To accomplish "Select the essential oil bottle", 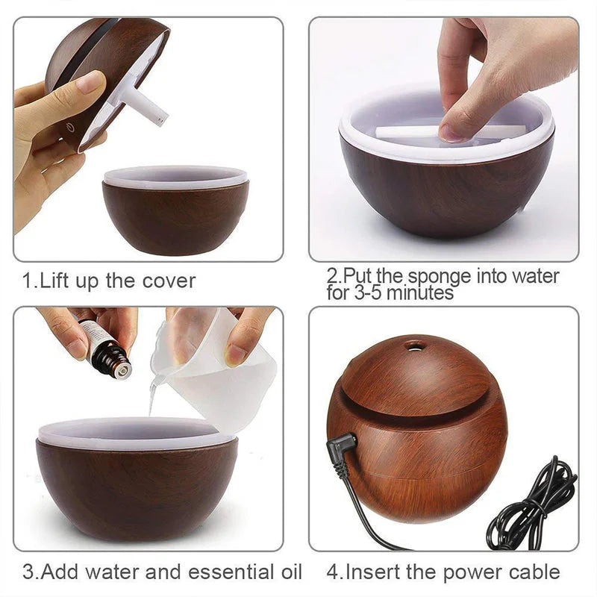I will pyautogui.click(x=105, y=348).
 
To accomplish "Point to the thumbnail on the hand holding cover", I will pyautogui.click(x=90, y=81).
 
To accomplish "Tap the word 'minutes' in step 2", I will pyautogui.click(x=419, y=293).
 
